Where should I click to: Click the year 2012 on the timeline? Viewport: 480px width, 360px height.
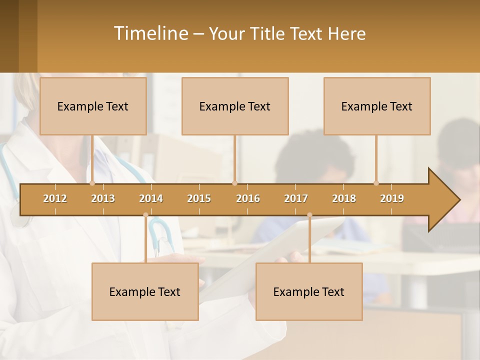(x=55, y=198)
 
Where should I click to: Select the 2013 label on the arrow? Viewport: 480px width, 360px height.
(x=103, y=198)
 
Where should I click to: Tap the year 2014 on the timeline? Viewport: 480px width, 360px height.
(x=151, y=198)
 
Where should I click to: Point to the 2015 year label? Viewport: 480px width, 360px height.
(x=199, y=198)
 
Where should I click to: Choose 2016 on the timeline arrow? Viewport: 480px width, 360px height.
(x=248, y=198)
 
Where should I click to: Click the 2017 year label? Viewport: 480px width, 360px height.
(x=296, y=198)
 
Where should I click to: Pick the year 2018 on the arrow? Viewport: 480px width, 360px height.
(x=344, y=198)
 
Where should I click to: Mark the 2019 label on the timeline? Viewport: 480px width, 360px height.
(x=392, y=198)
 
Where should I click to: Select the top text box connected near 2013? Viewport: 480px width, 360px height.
(x=93, y=106)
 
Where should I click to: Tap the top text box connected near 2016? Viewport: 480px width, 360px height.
(x=235, y=106)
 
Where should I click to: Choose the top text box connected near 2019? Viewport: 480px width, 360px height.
(x=377, y=106)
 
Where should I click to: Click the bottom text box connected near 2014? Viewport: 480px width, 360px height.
(x=145, y=292)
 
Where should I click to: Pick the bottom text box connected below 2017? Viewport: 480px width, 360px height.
(x=309, y=292)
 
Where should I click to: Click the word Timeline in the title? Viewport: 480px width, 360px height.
(x=150, y=33)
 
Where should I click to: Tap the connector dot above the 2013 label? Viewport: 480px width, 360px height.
(x=92, y=183)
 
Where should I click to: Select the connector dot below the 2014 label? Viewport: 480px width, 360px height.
(x=145, y=215)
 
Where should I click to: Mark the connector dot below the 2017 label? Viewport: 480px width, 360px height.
(x=309, y=215)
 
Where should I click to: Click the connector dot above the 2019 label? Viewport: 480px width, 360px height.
(x=376, y=183)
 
